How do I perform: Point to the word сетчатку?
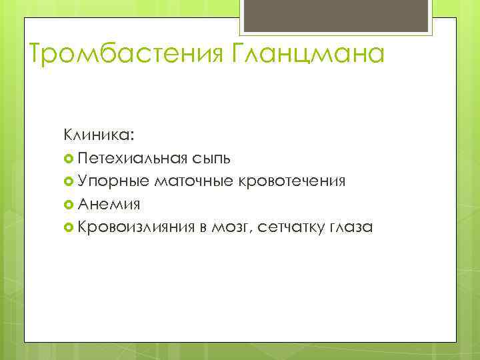pyautogui.click(x=287, y=227)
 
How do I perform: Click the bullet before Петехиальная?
pyautogui.click(x=69, y=159)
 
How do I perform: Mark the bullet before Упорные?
pyautogui.click(x=69, y=181)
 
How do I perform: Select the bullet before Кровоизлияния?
pyautogui.click(x=69, y=227)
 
